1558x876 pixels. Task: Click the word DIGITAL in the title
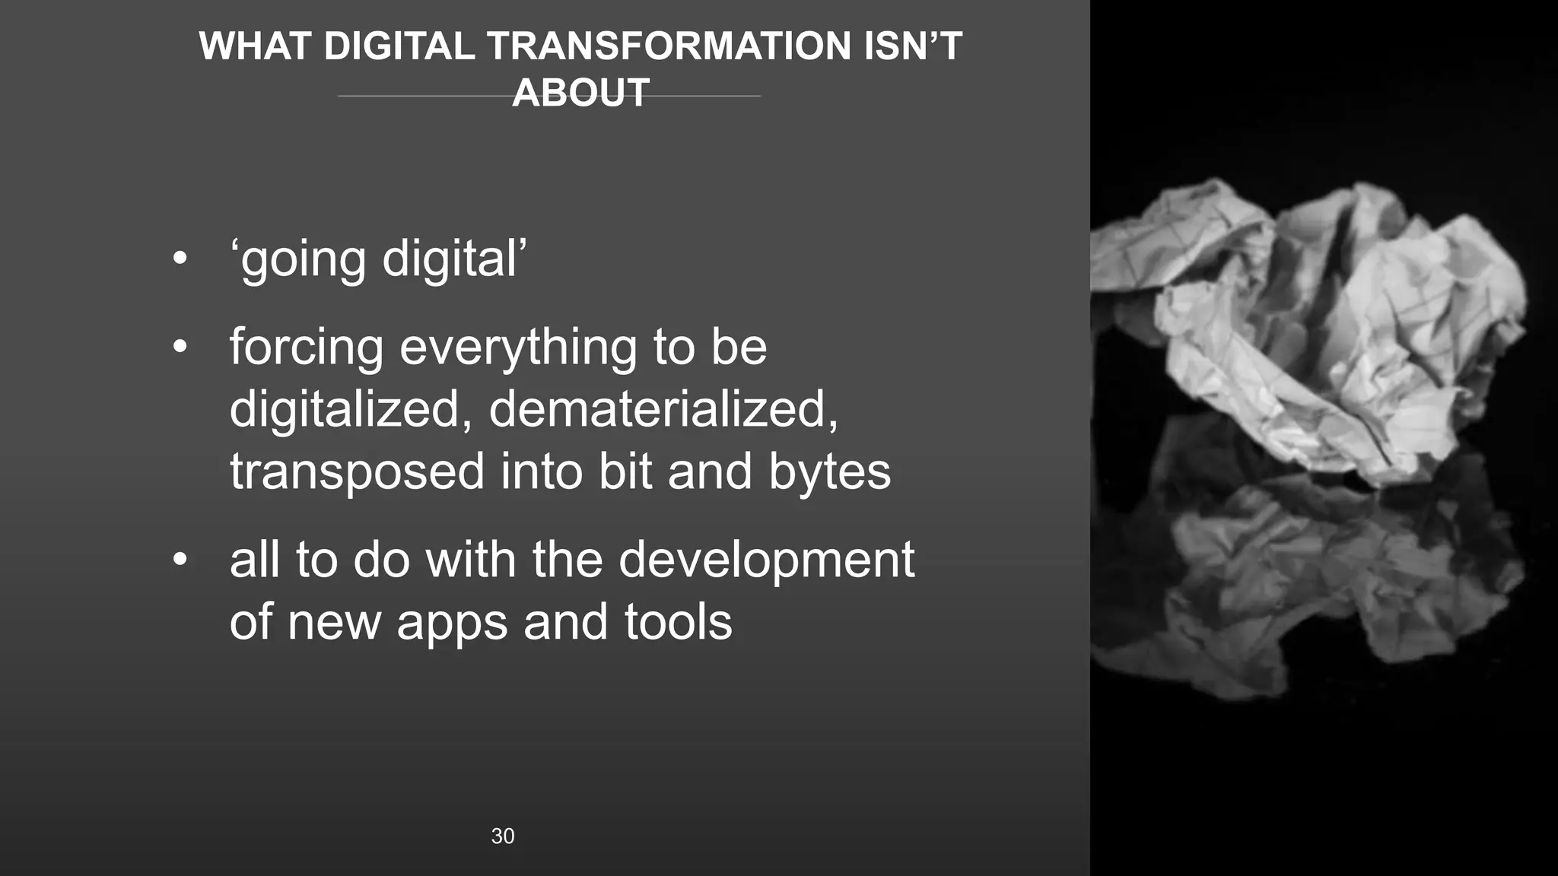(x=399, y=46)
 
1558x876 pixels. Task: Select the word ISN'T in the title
(x=913, y=46)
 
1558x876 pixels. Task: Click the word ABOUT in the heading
(x=580, y=93)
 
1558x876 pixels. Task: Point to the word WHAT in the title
(x=254, y=46)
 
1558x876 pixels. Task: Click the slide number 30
(x=503, y=836)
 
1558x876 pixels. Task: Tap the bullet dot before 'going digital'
(x=180, y=259)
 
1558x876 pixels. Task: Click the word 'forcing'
(x=306, y=348)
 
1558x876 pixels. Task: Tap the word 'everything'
(x=517, y=348)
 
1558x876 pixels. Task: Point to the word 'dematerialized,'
(x=663, y=409)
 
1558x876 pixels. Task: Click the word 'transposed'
(x=357, y=472)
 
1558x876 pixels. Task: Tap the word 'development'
(x=766, y=560)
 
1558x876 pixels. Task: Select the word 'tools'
(x=678, y=623)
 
